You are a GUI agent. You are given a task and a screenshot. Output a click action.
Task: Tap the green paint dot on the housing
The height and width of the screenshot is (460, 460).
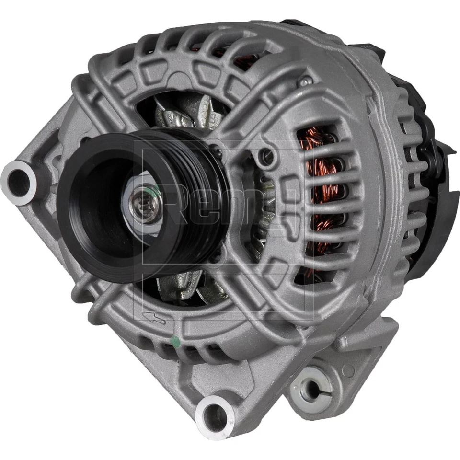175,341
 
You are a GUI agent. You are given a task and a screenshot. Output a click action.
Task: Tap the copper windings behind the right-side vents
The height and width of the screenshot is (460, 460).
319,192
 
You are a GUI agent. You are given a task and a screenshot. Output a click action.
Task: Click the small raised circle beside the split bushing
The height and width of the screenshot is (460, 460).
349,370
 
